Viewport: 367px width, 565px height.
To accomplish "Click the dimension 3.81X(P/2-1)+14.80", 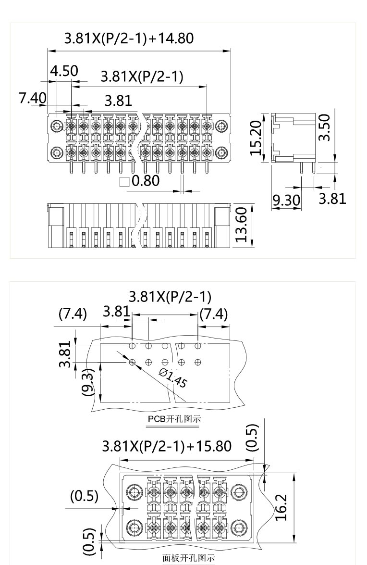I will pos(129,38).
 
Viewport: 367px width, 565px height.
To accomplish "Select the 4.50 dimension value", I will pos(64,71).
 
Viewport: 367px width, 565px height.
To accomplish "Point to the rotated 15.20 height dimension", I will pos(256,138).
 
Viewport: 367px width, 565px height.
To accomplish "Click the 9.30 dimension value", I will pos(286,199).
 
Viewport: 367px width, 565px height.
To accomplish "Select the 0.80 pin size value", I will pos(145,181).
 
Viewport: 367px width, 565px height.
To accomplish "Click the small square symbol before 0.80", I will pos(124,182).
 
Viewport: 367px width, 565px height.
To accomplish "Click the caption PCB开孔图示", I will pos(174,419).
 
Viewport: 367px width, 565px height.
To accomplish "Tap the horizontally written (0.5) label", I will pos(85,496).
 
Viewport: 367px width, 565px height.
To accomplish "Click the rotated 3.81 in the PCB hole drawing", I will pos(67,354).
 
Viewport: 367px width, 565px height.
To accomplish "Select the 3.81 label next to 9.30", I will pos(332,198).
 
